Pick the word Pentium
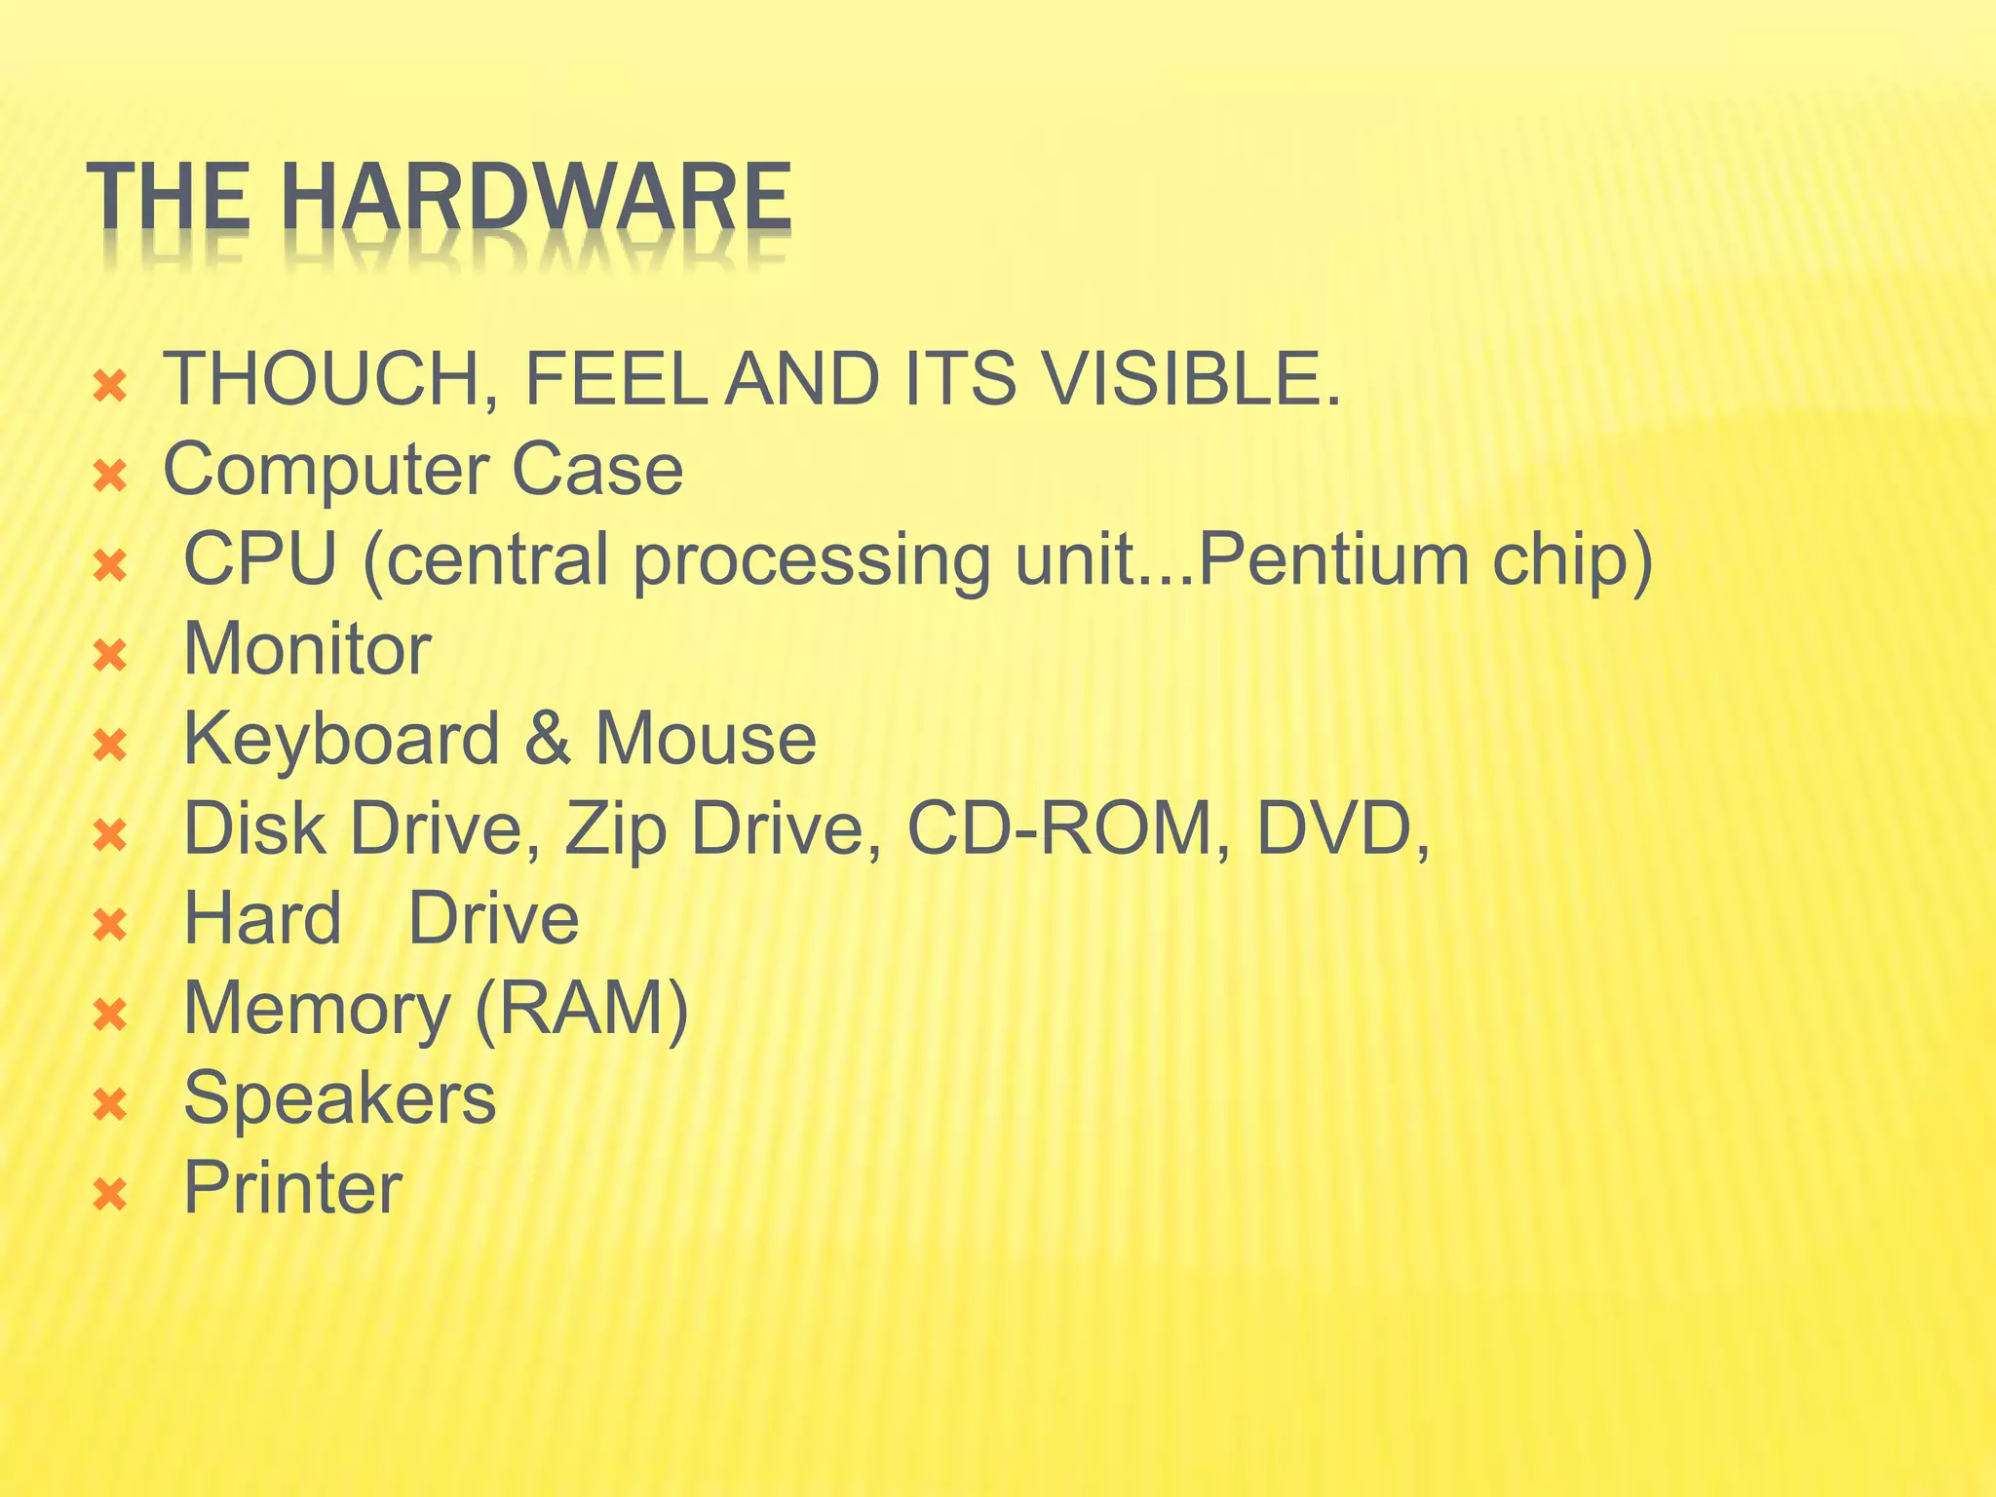click(1331, 560)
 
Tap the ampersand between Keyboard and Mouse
click(547, 739)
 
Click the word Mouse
click(706, 739)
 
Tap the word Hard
click(262, 918)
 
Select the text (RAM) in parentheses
click(582, 1009)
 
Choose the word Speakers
click(339, 1098)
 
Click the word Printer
click(292, 1188)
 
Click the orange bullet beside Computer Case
click(110, 477)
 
